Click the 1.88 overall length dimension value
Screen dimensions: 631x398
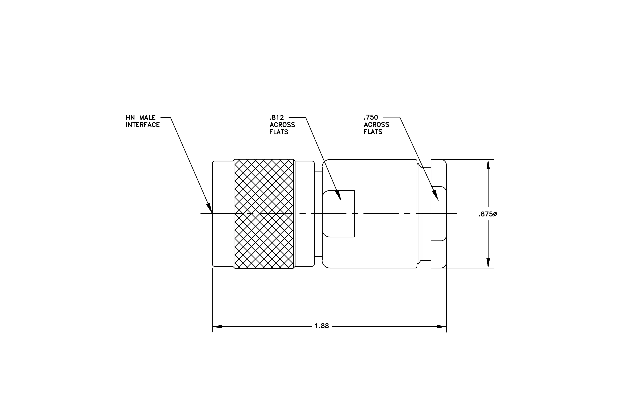[322, 326]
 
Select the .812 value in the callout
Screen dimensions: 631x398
[277, 117]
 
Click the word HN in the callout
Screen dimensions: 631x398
[130, 117]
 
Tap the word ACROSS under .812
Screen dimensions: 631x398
[282, 125]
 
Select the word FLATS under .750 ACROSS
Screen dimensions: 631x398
[373, 132]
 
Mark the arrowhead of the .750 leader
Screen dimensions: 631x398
[435, 195]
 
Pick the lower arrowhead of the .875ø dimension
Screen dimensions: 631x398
[488, 263]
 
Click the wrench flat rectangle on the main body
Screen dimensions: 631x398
[338, 214]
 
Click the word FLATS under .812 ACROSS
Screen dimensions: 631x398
[279, 132]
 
